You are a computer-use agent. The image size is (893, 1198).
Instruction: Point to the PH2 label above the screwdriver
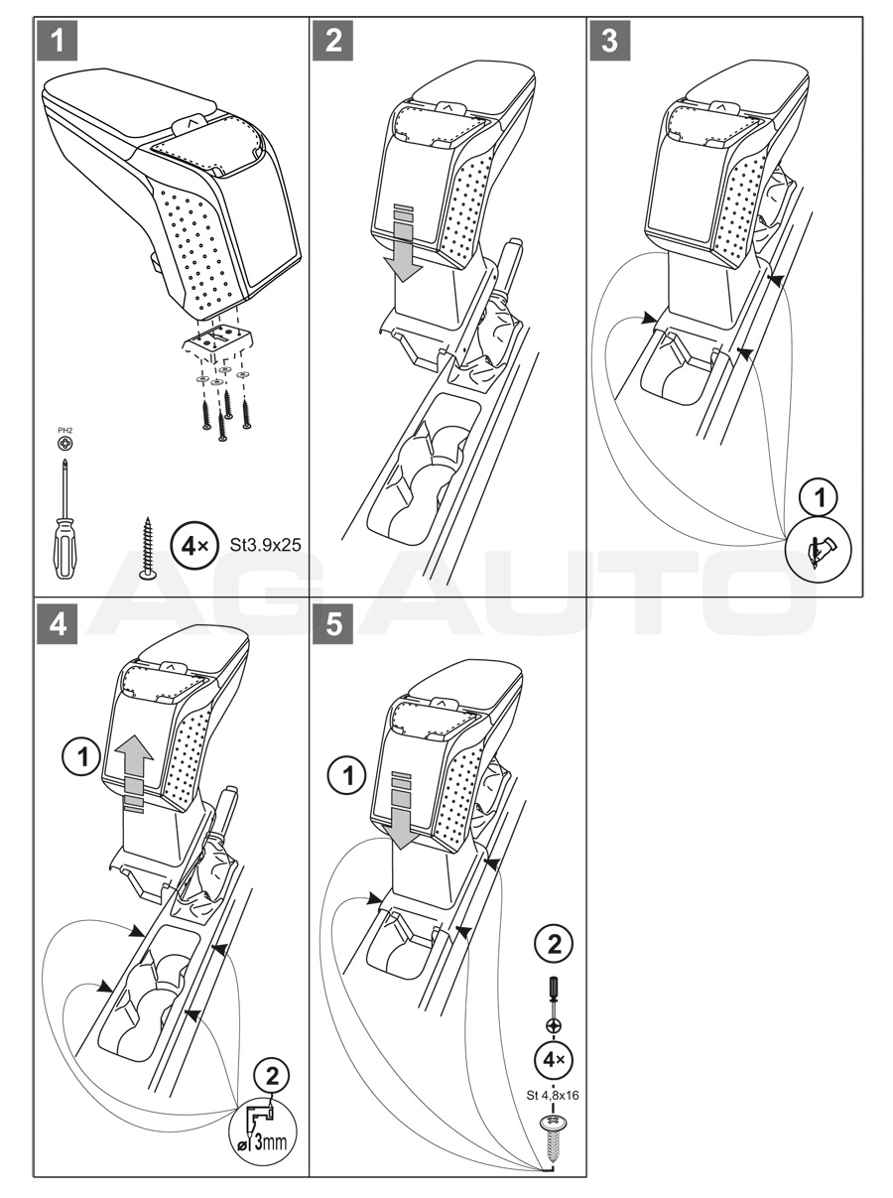tap(65, 430)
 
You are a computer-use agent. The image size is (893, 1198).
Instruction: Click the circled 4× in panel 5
tap(554, 1060)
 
